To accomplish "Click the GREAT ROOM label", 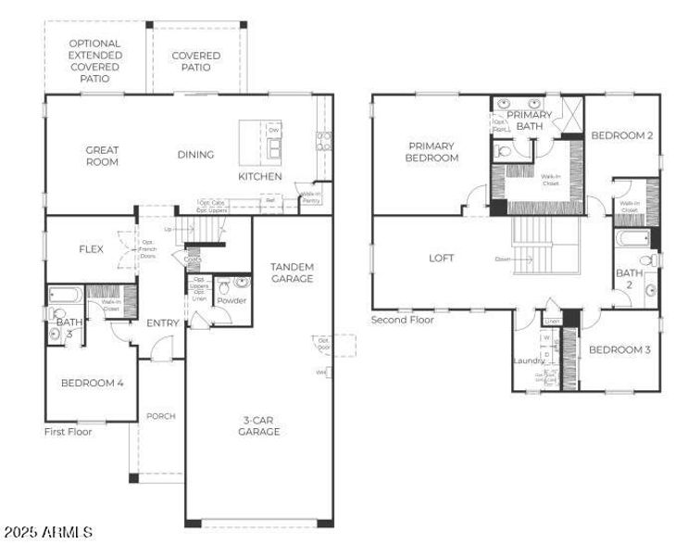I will pos(102,156).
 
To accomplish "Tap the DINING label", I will pos(195,155).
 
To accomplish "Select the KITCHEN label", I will pos(259,176).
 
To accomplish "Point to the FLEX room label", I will pos(91,249).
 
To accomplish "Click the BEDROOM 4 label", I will pos(92,383).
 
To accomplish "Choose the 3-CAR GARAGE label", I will pos(258,425).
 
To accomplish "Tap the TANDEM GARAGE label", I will pos(292,272).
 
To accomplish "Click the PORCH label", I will pos(160,416).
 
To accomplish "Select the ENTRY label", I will pos(161,322).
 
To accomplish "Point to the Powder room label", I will pos(231,300).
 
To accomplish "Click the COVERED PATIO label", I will pos(196,61).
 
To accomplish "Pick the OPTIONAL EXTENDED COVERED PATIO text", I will pos(94,62).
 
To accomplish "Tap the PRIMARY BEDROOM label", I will pos(432,151).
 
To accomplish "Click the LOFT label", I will pos(441,259).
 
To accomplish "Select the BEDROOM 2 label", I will pos(622,135).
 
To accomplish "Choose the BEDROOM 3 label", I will pos(619,349).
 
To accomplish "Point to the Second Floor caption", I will pos(403,320).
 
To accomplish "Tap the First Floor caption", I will pos(69,431).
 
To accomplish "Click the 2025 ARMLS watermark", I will pos(47,533).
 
